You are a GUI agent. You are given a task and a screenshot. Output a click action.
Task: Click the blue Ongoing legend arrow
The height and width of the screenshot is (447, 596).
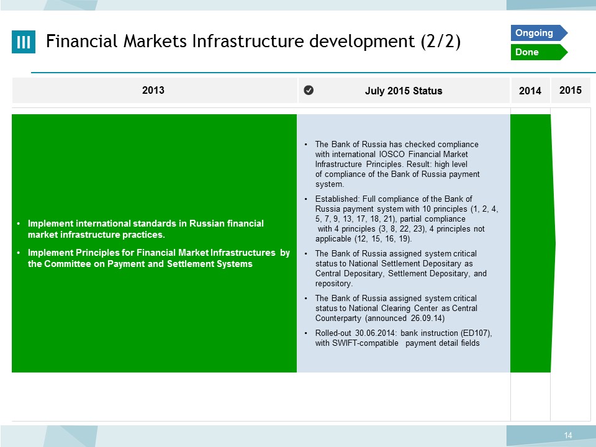point(539,33)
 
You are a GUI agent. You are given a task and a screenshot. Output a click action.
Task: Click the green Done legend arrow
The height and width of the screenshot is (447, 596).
point(539,52)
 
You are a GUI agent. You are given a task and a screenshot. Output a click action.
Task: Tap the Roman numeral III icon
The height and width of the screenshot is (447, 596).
point(24,42)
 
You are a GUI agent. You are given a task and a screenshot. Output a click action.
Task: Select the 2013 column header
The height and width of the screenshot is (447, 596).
point(153,90)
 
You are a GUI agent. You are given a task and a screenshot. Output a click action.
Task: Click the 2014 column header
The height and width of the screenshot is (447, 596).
point(530,91)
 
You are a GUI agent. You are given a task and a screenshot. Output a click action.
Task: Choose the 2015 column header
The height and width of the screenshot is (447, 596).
point(570,90)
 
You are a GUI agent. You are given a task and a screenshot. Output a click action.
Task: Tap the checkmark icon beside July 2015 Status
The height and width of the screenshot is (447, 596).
point(309,90)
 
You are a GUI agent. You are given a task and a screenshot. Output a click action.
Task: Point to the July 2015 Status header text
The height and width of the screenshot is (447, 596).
point(404,91)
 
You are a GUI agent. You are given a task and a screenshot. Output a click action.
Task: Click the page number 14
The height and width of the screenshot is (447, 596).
point(568,436)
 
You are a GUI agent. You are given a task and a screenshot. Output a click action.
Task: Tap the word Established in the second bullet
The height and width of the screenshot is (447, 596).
point(337,199)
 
